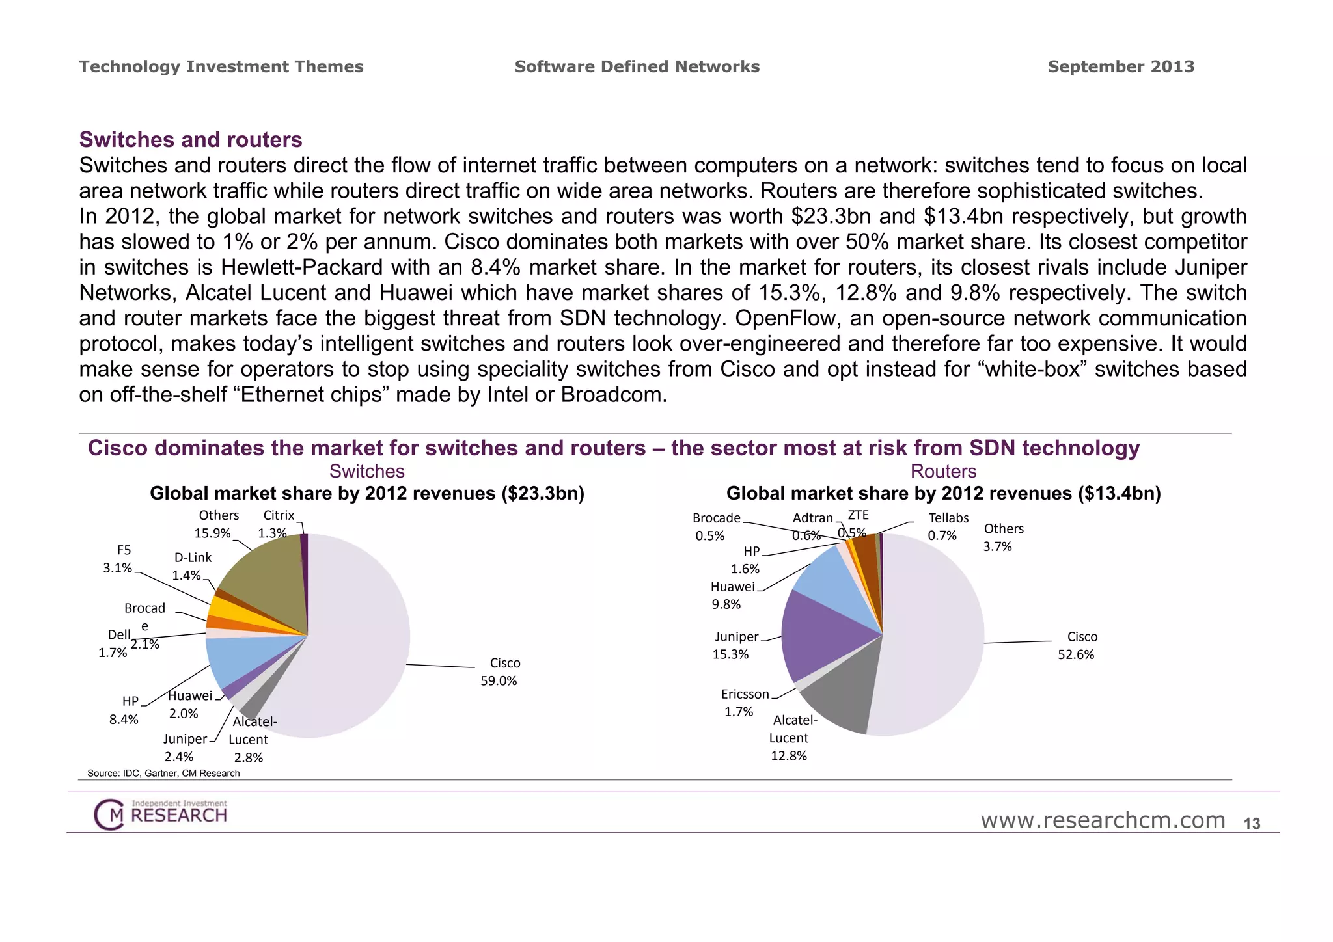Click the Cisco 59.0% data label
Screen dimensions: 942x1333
point(499,672)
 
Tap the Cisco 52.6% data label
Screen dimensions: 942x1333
point(1077,645)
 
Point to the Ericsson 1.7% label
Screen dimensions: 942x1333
point(744,703)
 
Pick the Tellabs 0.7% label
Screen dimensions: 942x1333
point(947,526)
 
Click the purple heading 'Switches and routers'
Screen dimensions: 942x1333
point(191,140)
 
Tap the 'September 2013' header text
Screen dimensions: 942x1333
point(1121,67)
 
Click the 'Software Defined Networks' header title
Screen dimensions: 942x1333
point(637,67)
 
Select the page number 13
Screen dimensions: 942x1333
point(1252,824)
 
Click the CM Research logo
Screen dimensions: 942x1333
point(161,814)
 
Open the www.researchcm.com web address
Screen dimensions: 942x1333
point(1103,821)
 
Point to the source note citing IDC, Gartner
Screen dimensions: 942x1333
point(163,774)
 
